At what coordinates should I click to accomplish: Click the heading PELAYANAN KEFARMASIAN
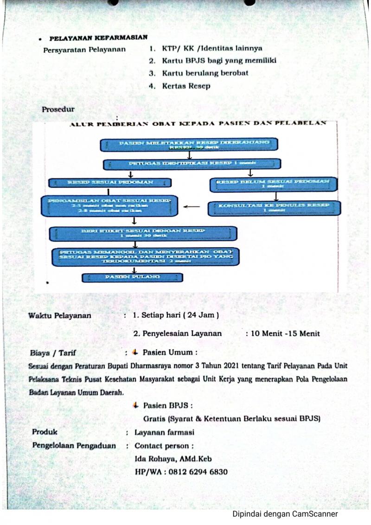[x=98, y=38]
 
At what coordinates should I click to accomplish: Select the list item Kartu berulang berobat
[x=205, y=73]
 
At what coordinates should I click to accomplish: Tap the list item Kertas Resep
[x=186, y=86]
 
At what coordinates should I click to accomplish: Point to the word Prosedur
[x=58, y=109]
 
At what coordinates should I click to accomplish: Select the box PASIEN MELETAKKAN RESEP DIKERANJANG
[x=189, y=145]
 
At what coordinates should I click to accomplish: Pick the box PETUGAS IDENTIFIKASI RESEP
[x=192, y=164]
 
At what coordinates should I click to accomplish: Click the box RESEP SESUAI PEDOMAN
[x=110, y=183]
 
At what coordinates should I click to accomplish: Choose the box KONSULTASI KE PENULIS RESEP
[x=274, y=207]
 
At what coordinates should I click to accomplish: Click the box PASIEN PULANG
[x=132, y=277]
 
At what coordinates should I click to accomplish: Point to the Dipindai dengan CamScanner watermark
[x=285, y=514]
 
